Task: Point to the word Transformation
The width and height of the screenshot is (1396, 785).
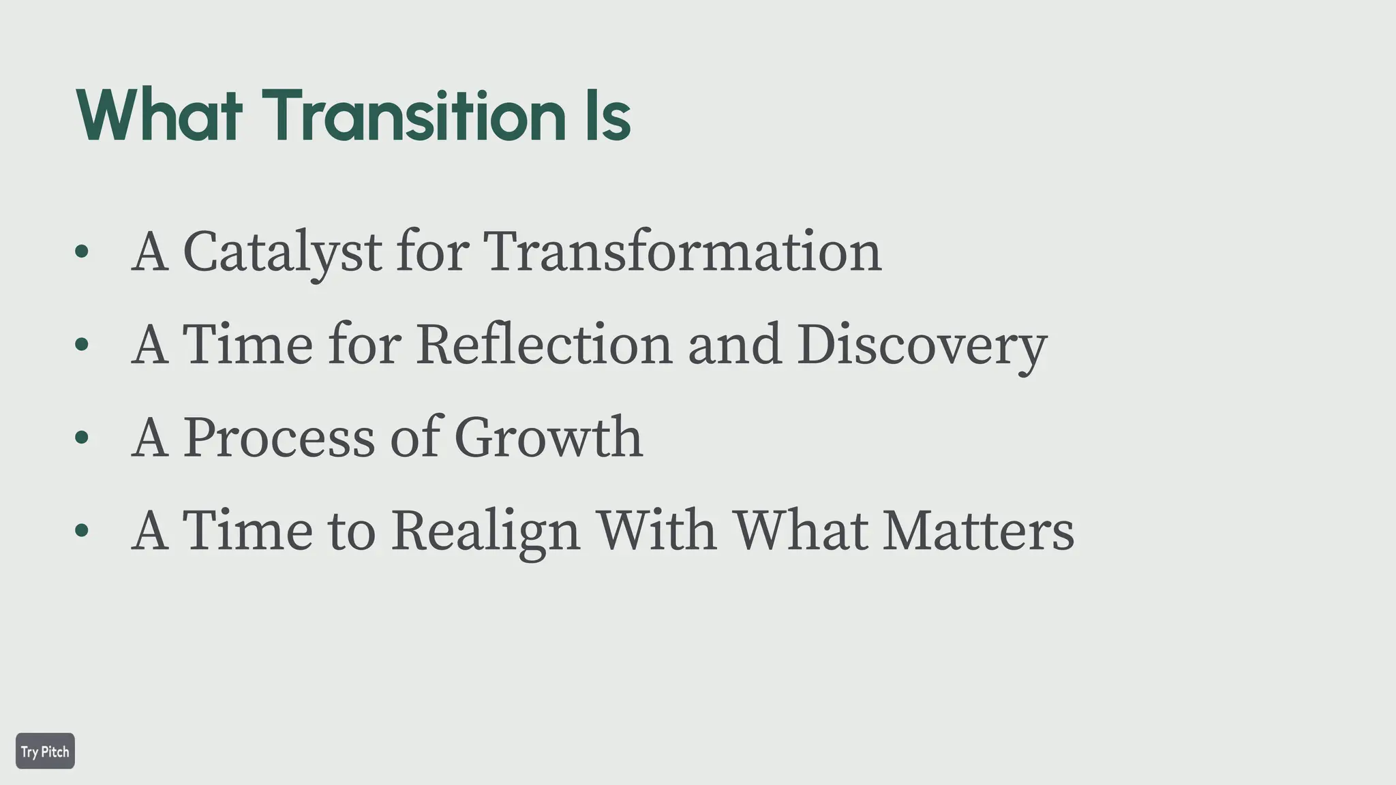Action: (x=682, y=252)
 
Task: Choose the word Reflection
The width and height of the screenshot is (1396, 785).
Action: (x=544, y=345)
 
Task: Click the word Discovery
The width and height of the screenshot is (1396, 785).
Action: (x=922, y=345)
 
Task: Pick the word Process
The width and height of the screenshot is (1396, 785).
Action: (x=279, y=437)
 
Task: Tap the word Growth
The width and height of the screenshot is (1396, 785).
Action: (x=548, y=437)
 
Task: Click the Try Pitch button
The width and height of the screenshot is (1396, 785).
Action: (x=45, y=751)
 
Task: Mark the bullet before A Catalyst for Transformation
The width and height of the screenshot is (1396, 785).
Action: (x=82, y=252)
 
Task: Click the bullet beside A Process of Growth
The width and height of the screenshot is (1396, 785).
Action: (x=82, y=437)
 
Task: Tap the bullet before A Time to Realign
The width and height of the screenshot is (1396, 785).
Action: (x=82, y=530)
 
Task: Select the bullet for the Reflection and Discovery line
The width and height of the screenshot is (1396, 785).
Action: (x=82, y=345)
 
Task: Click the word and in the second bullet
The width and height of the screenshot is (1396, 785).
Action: (x=734, y=345)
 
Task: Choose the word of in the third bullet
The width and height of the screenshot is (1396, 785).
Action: (x=414, y=437)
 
